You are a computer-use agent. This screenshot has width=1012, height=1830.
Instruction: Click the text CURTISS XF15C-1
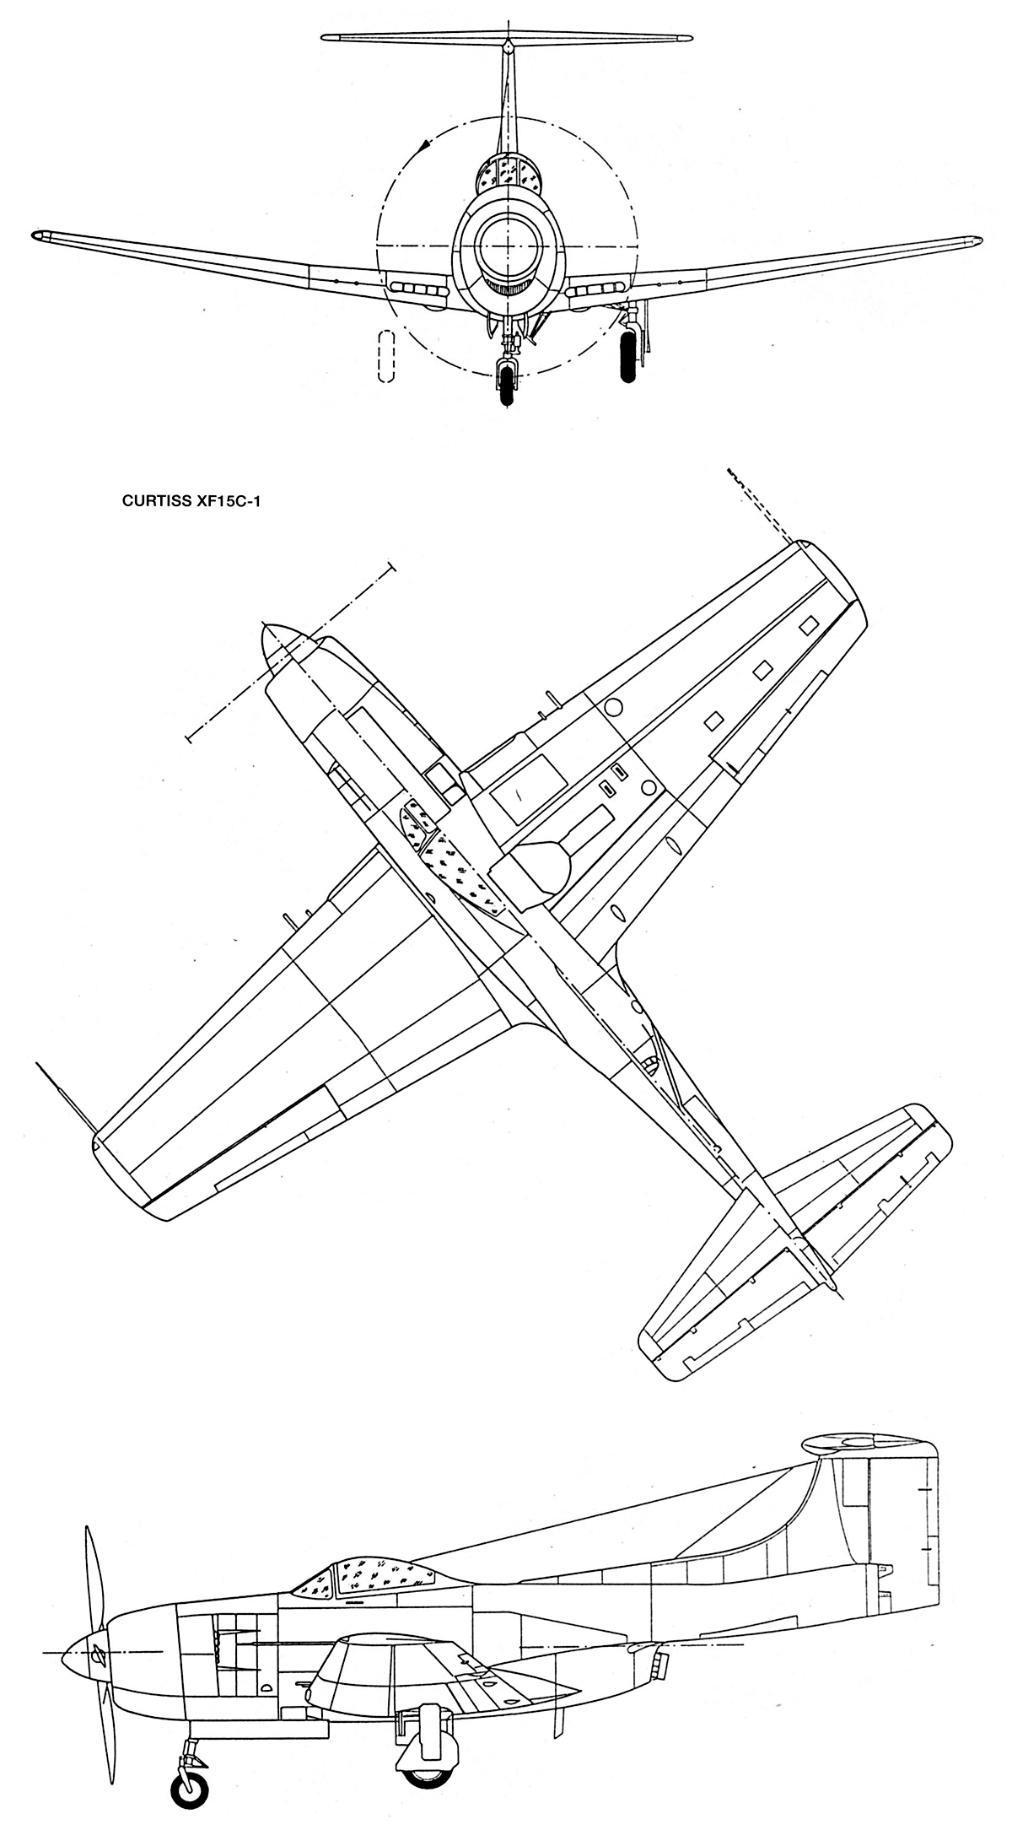(188, 499)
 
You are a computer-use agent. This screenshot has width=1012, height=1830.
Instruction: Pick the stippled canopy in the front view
(509, 176)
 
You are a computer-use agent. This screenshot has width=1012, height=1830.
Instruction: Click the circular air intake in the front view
(509, 246)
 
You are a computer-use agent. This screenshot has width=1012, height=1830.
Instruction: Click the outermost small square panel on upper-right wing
(809, 624)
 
